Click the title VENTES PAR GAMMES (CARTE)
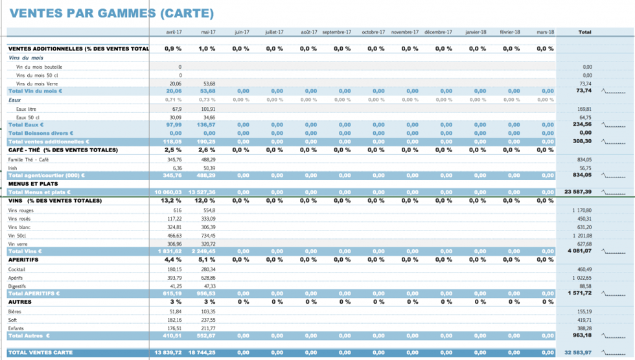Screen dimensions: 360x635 [x=112, y=13]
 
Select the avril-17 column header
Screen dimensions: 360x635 [x=174, y=32]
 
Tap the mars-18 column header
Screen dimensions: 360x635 [x=546, y=32]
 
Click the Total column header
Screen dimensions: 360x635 [x=584, y=32]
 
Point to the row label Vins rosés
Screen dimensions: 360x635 [x=20, y=219]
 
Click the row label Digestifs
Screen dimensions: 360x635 [x=17, y=286]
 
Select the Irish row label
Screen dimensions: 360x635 [x=13, y=167]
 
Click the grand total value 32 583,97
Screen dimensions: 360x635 [x=578, y=353]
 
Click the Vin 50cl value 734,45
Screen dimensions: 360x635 [x=208, y=236]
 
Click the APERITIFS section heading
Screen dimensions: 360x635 [x=23, y=260]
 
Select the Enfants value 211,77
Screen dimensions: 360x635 [x=208, y=328]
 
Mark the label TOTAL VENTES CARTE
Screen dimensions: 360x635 [x=40, y=353]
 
